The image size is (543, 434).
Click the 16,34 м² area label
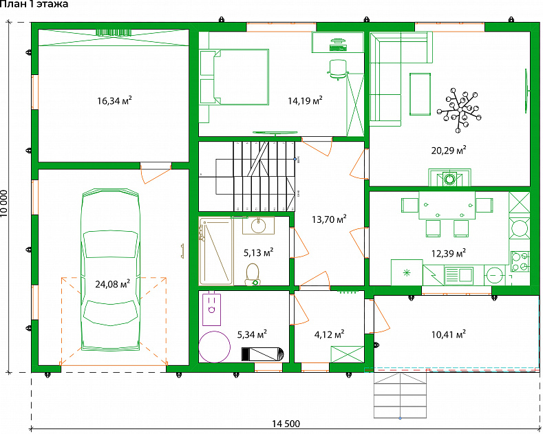click(x=114, y=100)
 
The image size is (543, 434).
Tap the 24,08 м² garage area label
click(x=113, y=284)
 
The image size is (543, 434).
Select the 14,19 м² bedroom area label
click(x=305, y=100)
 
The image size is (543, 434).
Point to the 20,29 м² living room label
click(x=449, y=151)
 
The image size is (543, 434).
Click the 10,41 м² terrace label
click(x=449, y=334)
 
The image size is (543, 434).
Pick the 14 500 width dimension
click(x=286, y=424)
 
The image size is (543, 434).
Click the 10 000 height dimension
click(x=4, y=203)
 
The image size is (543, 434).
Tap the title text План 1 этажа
click(x=34, y=4)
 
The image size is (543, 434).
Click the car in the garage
click(x=111, y=270)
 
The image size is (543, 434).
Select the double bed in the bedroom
click(x=241, y=77)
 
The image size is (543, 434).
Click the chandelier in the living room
click(x=460, y=110)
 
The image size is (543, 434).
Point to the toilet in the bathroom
click(x=253, y=274)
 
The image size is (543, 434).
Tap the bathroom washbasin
click(x=258, y=226)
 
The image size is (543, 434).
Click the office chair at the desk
click(x=338, y=69)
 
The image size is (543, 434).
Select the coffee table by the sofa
click(x=420, y=94)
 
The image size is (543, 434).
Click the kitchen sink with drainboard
click(x=459, y=276)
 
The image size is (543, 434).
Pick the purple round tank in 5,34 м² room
click(x=214, y=347)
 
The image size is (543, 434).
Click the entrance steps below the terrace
click(x=400, y=395)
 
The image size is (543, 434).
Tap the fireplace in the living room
click(x=449, y=178)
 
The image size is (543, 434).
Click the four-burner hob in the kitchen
click(x=520, y=261)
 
